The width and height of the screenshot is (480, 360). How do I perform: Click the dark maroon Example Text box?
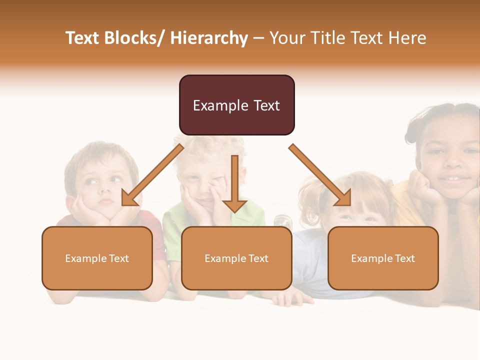[x=236, y=105]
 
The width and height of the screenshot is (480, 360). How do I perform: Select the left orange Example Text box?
[x=97, y=258]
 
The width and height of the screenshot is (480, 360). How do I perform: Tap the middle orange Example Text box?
[x=236, y=258]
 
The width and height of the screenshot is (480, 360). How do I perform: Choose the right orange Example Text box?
[x=383, y=258]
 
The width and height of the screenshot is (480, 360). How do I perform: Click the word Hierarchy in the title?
[x=209, y=38]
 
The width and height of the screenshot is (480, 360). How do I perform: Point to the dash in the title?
[x=258, y=38]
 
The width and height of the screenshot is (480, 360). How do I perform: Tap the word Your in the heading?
[x=287, y=38]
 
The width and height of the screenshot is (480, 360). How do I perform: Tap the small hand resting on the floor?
[x=295, y=298]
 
